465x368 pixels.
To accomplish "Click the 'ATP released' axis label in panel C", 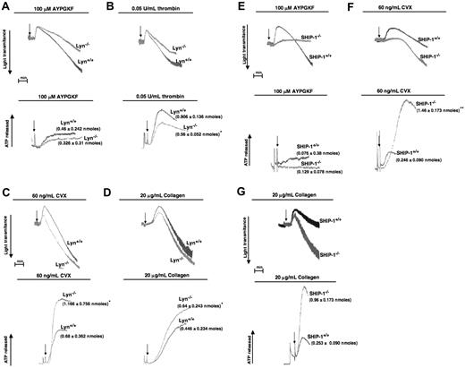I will [x=9, y=324].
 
